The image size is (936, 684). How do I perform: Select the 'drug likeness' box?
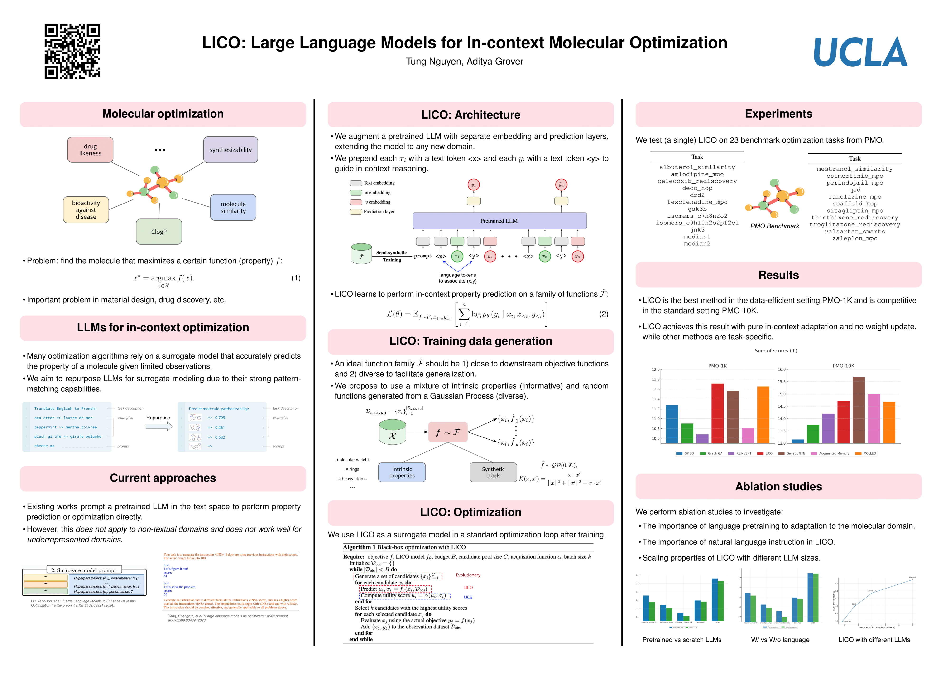click(90, 149)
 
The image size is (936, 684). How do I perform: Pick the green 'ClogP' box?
click(159, 232)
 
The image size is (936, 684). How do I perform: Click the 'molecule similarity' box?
click(233, 207)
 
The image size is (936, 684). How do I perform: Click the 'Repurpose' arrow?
click(159, 427)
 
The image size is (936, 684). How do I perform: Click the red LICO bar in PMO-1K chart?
click(717, 413)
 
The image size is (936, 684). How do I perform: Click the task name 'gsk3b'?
click(697, 209)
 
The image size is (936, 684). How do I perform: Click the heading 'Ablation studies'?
click(778, 486)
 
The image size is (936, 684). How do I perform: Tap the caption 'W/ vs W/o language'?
click(780, 640)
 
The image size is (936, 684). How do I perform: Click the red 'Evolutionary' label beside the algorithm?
click(468, 575)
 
